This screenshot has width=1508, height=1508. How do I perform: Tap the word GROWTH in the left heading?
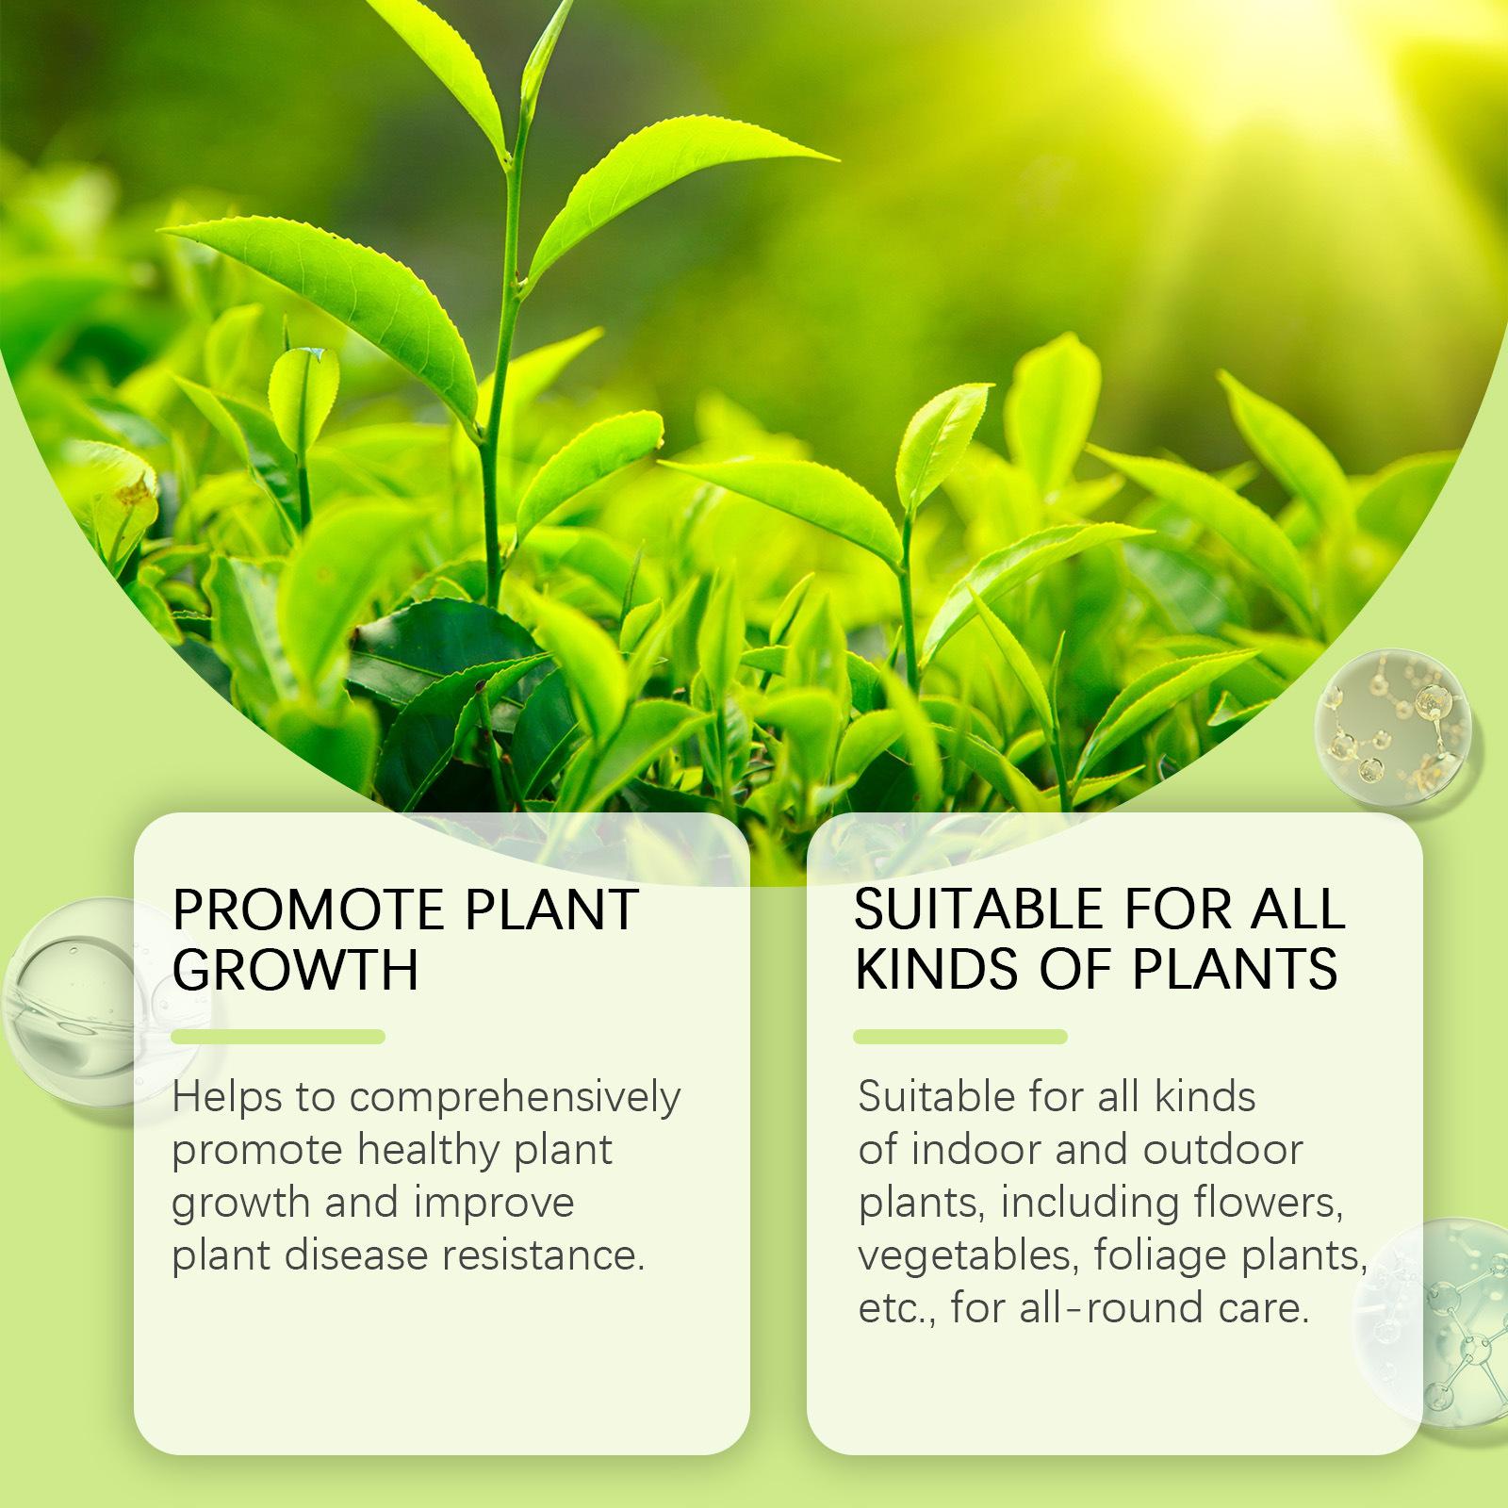tap(296, 970)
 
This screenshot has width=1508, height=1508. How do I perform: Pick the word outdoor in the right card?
tap(1222, 1150)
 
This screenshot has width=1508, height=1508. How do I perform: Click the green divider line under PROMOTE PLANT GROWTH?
tap(279, 1037)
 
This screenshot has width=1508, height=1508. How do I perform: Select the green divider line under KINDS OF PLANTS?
tap(960, 1037)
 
